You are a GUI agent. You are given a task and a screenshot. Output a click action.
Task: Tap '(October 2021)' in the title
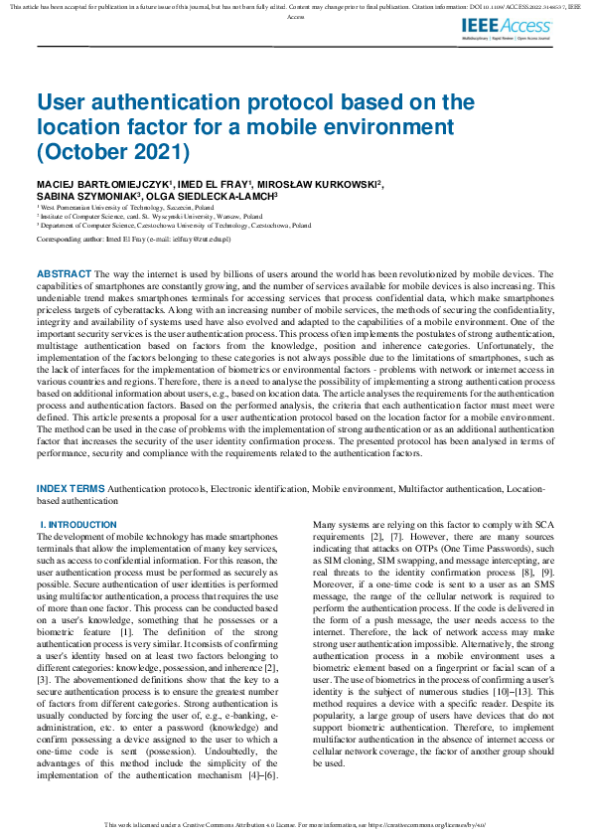[x=111, y=152]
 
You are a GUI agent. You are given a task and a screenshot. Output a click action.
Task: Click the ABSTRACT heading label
[x=65, y=273]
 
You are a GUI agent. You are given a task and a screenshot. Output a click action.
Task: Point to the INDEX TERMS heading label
[x=70, y=489]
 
